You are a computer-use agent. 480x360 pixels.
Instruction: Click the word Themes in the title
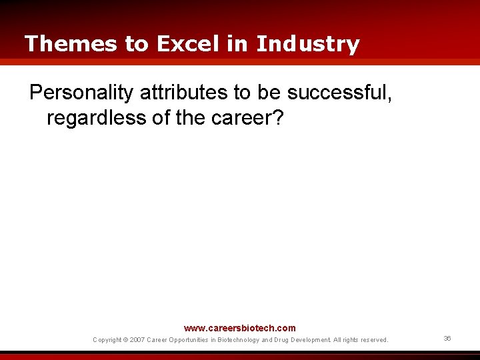pyautogui.click(x=71, y=44)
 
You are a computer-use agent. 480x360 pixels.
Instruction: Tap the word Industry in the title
pyautogui.click(x=307, y=44)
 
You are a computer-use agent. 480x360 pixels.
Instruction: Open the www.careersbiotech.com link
pyautogui.click(x=239, y=328)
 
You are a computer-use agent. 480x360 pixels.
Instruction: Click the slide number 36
pyautogui.click(x=447, y=339)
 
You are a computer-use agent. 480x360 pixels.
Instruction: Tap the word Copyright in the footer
pyautogui.click(x=107, y=340)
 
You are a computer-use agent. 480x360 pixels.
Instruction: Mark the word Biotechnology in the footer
pyautogui.click(x=235, y=340)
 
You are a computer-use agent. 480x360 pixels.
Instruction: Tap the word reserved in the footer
pyautogui.click(x=373, y=340)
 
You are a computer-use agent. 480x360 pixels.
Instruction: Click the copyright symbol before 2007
pyautogui.click(x=126, y=340)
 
